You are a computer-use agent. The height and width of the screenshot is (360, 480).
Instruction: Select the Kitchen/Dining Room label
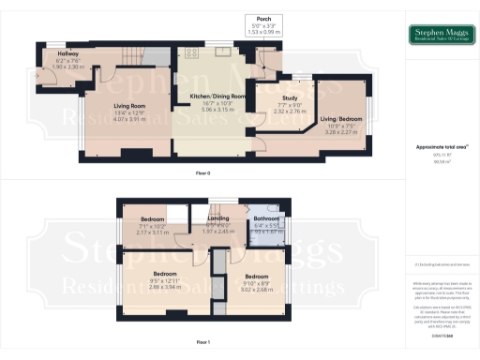pos(218,97)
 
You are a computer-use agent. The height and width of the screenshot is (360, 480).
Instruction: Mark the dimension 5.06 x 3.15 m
pos(218,108)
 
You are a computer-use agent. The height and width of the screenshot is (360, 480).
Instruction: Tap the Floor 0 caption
pos(201,172)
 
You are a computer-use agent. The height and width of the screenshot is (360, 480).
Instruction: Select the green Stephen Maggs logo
pos(440,36)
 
